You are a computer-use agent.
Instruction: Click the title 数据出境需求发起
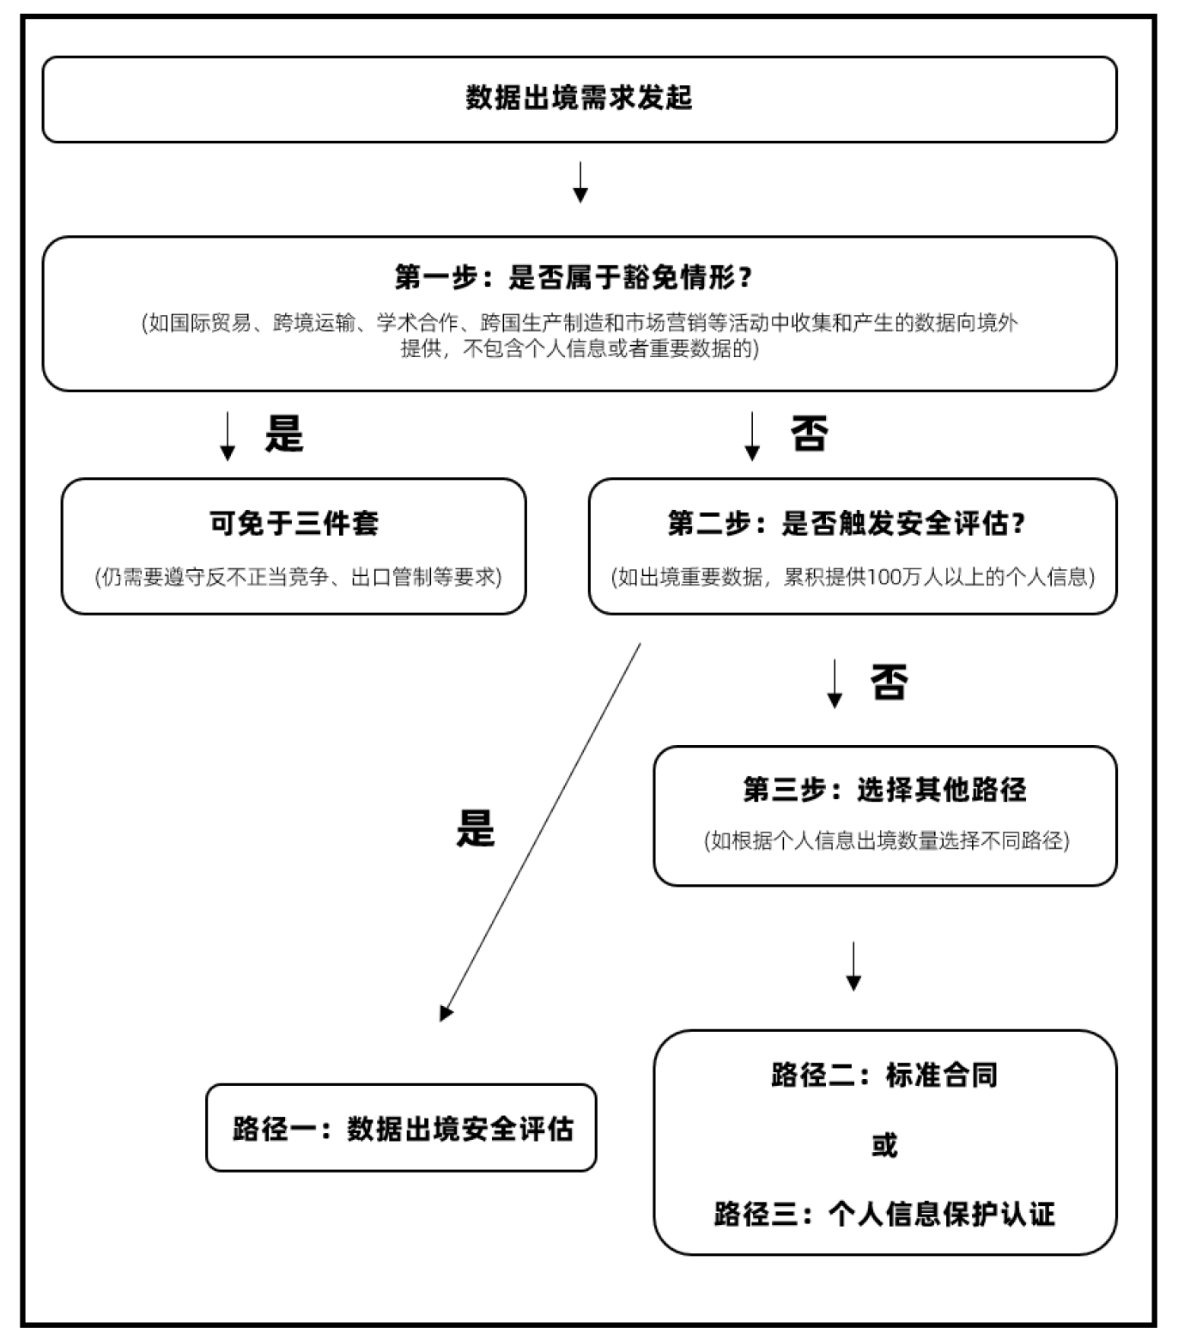(x=579, y=98)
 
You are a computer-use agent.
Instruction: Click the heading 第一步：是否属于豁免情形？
(x=574, y=277)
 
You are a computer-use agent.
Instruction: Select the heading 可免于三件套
(x=294, y=523)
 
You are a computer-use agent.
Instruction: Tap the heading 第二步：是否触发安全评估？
(x=847, y=523)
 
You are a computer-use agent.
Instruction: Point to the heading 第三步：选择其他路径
(x=884, y=789)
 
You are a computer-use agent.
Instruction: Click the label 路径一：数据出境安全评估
(x=402, y=1128)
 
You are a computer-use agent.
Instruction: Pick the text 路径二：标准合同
(x=884, y=1075)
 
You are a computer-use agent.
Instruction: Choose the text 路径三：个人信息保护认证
(x=884, y=1214)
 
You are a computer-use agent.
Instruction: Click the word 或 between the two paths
(x=884, y=1145)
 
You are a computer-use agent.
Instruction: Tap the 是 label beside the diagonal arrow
(x=475, y=828)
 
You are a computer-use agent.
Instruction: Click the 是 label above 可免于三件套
(x=284, y=434)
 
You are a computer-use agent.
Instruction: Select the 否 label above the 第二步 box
(x=809, y=434)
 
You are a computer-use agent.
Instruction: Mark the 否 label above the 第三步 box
(x=889, y=682)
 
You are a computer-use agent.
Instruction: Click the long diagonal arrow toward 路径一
(x=541, y=828)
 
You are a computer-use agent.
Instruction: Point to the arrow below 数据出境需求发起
(x=580, y=182)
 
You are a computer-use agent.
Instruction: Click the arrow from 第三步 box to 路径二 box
(x=853, y=966)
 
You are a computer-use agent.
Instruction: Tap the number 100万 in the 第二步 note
(x=894, y=577)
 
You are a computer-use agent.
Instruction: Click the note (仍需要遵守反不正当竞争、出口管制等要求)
(x=298, y=577)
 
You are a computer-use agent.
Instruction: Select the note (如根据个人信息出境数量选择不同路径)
(x=886, y=840)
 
